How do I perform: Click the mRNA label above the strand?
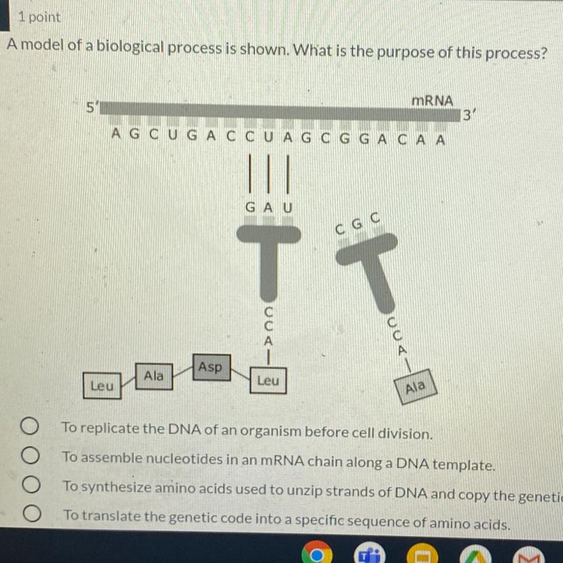tap(432, 101)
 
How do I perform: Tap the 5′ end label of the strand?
tap(92, 107)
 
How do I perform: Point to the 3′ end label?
tap(468, 116)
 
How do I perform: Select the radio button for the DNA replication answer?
tap(29, 426)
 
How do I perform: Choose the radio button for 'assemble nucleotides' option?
tap(30, 456)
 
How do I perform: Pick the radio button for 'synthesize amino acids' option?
tap(31, 484)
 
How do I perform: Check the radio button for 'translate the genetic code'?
tap(32, 513)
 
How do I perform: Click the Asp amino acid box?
tap(211, 367)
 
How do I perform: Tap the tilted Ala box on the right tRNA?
tap(415, 387)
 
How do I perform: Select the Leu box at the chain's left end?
tap(102, 386)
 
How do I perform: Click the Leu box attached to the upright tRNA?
tap(268, 380)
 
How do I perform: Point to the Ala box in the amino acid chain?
tap(154, 376)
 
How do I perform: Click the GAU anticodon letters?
tap(269, 208)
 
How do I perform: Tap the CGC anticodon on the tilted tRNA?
tap(357, 224)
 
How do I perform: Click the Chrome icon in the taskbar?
tap(317, 553)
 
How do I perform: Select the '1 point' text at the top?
tap(39, 17)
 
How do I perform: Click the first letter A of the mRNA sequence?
tap(116, 133)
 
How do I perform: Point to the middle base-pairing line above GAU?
tap(268, 174)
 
